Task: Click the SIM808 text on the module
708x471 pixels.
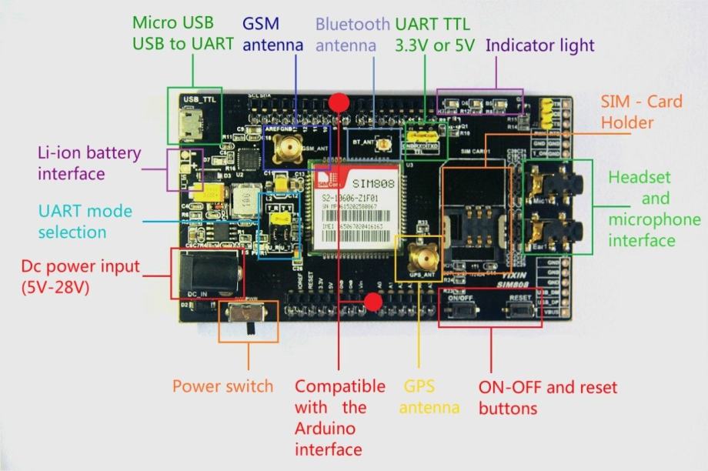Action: (372, 184)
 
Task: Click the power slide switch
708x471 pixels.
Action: (250, 317)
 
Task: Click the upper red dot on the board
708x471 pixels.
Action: (339, 102)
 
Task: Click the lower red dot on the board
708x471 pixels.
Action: (373, 301)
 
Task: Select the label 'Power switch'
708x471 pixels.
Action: (222, 386)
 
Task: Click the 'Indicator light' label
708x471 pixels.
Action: (540, 45)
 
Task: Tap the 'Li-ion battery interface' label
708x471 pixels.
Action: (71, 162)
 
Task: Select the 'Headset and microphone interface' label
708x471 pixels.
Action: (654, 209)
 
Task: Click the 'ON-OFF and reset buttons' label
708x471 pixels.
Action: (547, 396)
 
